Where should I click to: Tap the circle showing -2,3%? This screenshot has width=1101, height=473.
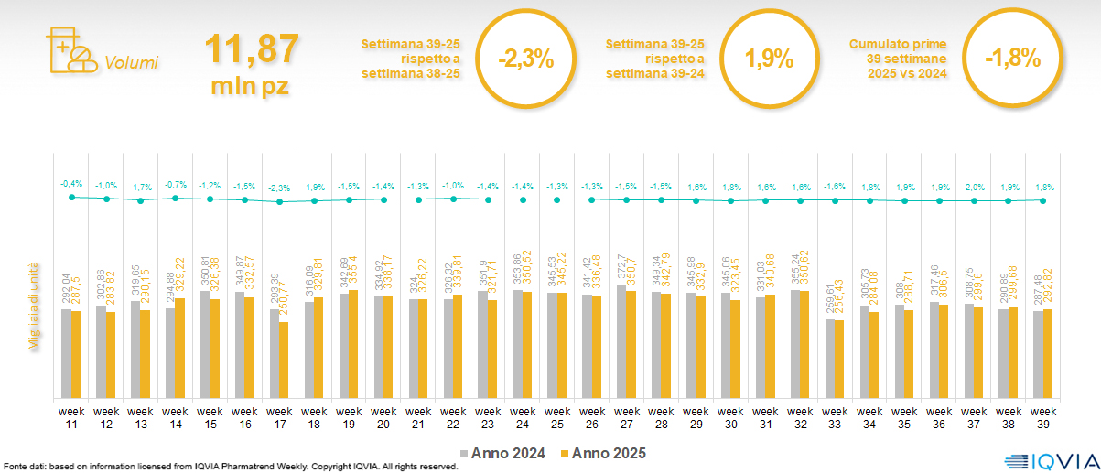pyautogui.click(x=526, y=59)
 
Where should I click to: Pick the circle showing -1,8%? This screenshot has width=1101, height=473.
pyautogui.click(x=1013, y=59)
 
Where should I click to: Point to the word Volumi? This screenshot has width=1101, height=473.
pyautogui.click(x=131, y=63)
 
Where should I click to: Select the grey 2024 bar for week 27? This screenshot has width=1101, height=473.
pyautogui.click(x=621, y=341)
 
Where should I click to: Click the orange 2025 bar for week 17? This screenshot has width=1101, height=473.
pyautogui.click(x=284, y=360)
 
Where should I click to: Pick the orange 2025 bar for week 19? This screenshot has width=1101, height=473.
pyautogui.click(x=353, y=344)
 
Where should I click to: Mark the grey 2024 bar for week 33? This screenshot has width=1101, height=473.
pyautogui.click(x=830, y=358)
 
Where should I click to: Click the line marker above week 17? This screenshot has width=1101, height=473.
pyautogui.click(x=280, y=201)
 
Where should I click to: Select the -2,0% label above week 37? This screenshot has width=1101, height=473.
pyautogui.click(x=975, y=187)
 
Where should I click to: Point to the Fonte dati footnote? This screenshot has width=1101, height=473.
pyautogui.click(x=229, y=467)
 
